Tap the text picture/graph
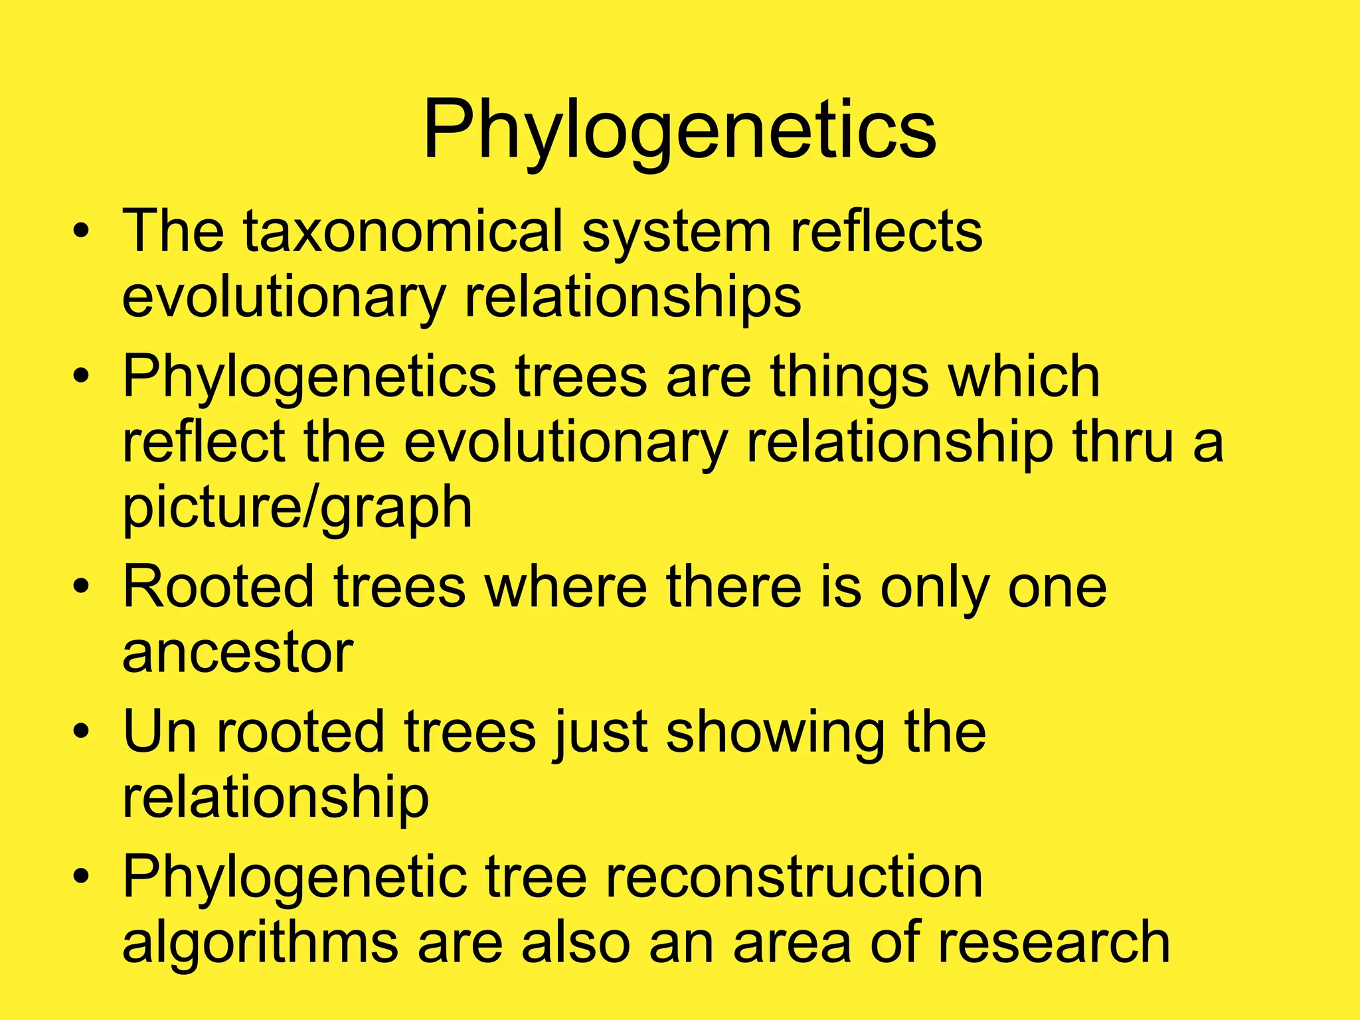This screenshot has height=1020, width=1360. tap(297, 508)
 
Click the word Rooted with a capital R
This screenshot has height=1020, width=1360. tap(218, 587)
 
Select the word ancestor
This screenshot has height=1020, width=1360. tap(237, 653)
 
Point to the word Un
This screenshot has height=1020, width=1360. tap(160, 732)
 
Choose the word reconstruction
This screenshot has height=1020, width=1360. tap(794, 877)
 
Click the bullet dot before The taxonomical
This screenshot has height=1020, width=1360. tap(81, 232)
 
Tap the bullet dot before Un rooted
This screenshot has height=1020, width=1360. tap(81, 732)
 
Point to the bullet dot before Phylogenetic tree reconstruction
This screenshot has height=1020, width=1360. tap(81, 877)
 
